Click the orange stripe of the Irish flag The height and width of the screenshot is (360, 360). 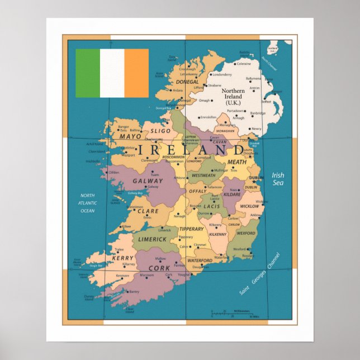136,73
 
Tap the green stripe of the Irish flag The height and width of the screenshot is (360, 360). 88,73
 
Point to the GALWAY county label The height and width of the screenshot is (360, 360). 148,181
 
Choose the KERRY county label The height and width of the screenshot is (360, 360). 122,258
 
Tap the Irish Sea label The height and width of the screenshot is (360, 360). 278,179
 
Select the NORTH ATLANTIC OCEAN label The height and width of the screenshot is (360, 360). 87,203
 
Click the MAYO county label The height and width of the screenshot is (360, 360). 130,136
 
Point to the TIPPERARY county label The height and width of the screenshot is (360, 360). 192,229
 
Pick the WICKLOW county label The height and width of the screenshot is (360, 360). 249,206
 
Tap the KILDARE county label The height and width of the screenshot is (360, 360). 232,195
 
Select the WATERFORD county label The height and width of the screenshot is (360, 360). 200,260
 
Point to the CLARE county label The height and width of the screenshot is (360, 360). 148,211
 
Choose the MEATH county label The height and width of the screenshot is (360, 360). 236,162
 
